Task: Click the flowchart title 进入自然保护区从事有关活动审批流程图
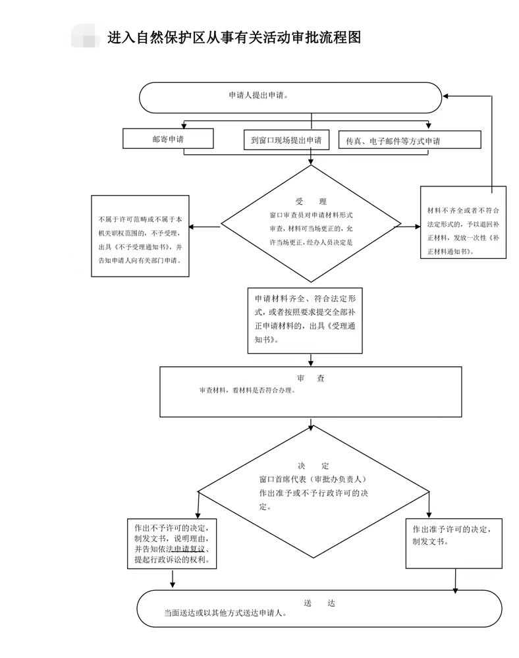[x=234, y=38]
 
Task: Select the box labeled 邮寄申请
[x=168, y=139]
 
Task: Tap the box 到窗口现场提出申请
[x=286, y=140]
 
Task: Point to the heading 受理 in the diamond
[x=311, y=202]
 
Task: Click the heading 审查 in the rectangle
[x=310, y=379]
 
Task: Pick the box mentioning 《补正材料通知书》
[x=463, y=223]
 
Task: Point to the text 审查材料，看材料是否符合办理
[x=247, y=391]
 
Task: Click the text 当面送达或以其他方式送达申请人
[x=225, y=613]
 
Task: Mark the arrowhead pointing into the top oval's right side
[x=446, y=96]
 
